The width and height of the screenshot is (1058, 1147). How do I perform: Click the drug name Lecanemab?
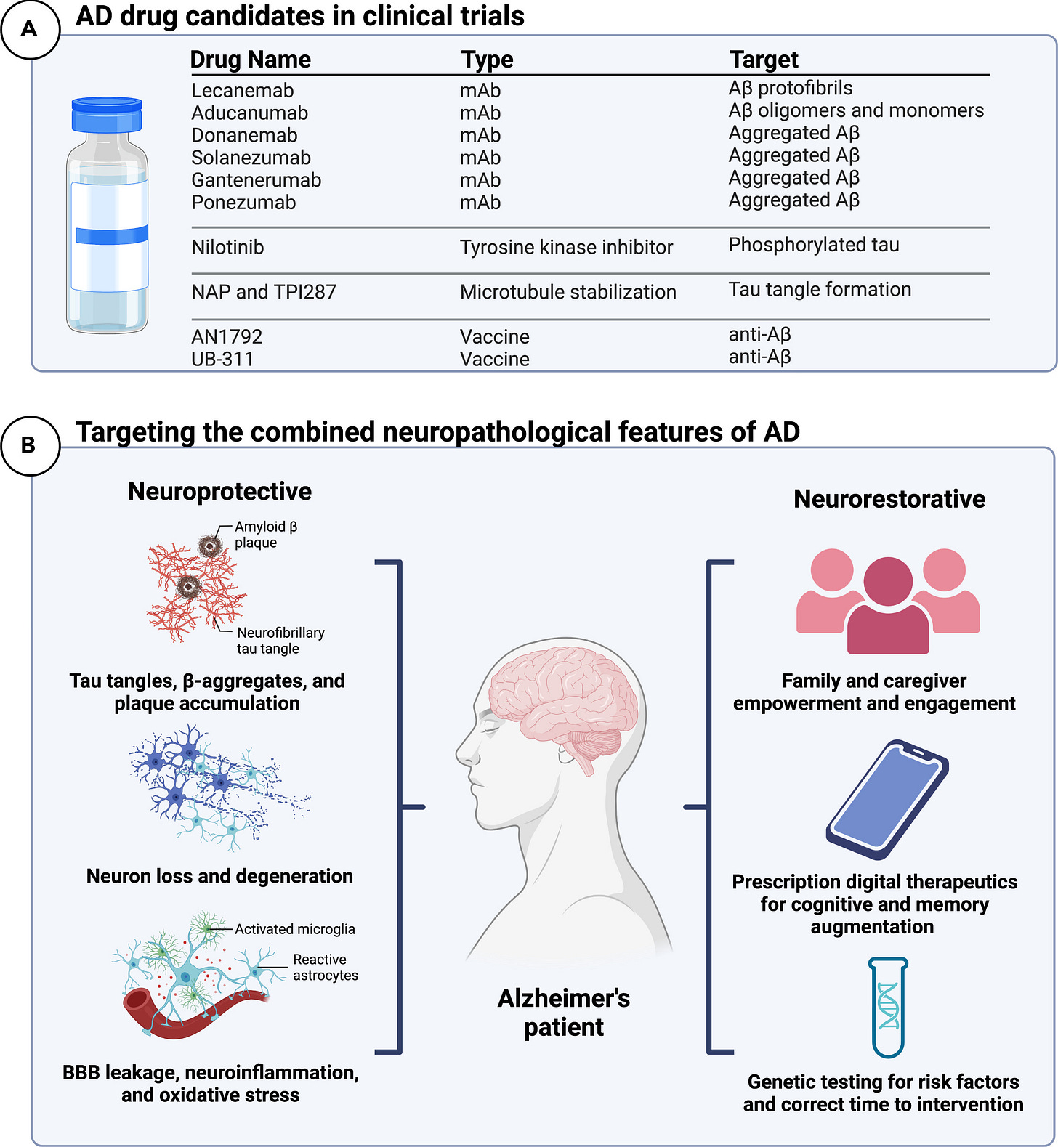pos(242,91)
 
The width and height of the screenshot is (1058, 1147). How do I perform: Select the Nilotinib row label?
pos(227,248)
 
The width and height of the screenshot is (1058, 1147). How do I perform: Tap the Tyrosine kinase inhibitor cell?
pos(566,248)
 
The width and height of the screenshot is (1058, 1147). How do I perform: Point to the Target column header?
pos(764,60)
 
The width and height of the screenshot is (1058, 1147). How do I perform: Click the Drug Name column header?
pos(250,60)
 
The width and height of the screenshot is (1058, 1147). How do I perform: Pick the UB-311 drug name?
pos(222,359)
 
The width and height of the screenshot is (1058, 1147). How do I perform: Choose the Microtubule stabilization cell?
pos(568,292)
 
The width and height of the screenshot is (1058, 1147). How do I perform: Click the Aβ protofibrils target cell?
pos(791,88)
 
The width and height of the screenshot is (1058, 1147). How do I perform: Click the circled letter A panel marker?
pos(30,29)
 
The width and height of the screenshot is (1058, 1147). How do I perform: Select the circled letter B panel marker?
pos(30,445)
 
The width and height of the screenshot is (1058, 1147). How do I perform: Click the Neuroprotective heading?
pos(219,492)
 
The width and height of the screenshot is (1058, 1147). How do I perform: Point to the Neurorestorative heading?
pos(889,499)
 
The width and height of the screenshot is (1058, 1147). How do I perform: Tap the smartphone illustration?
pos(887,799)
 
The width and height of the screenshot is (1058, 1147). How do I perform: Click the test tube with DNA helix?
pos(888,1008)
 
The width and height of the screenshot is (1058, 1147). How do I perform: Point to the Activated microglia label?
pos(294,929)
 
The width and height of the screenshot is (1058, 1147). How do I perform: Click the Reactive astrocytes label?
pos(325,968)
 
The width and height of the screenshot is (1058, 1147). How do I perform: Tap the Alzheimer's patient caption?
pos(564,1013)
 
